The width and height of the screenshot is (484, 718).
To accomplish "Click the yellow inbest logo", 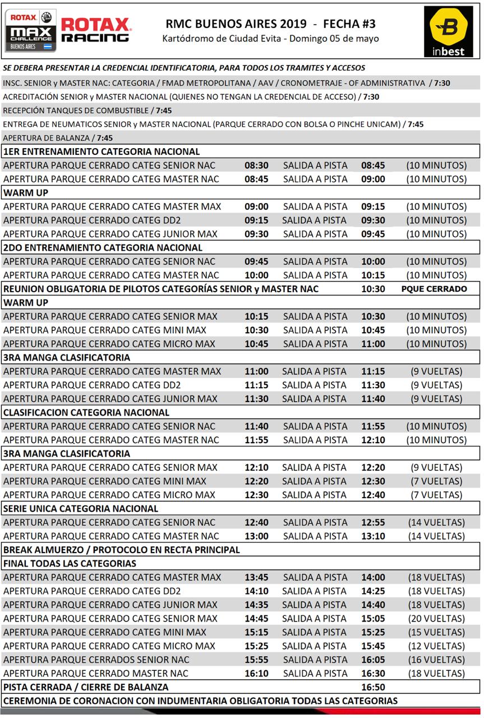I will (448, 32).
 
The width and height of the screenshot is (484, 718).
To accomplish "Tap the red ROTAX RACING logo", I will (95, 30).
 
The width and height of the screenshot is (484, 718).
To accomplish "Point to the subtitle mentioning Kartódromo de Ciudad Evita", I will (270, 39).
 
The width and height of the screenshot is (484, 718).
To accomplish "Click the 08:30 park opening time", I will (256, 165).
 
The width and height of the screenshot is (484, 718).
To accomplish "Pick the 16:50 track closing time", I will (373, 687).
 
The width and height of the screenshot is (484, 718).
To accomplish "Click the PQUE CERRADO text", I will (434, 289).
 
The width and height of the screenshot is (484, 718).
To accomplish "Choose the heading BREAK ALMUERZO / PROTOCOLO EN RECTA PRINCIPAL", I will (122, 550).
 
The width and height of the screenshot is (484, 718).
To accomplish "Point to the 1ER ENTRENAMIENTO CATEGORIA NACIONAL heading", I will (102, 151).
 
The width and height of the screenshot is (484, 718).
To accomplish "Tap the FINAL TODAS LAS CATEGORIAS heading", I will (70, 563).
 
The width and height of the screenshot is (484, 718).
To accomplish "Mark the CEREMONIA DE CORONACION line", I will (200, 701).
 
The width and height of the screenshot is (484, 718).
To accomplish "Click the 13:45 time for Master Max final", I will (256, 577).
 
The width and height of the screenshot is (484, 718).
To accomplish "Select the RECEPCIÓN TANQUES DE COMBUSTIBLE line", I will (87, 111).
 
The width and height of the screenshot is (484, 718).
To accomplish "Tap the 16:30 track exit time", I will (373, 673).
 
